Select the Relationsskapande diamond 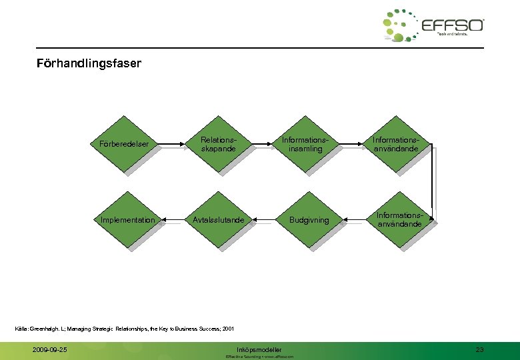219,144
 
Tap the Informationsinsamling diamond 306,144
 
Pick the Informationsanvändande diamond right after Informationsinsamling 396,144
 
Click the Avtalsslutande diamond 219,220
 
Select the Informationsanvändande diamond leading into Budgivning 399,220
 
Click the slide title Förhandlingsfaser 89,65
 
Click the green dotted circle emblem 400,26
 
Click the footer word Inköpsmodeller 259,349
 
